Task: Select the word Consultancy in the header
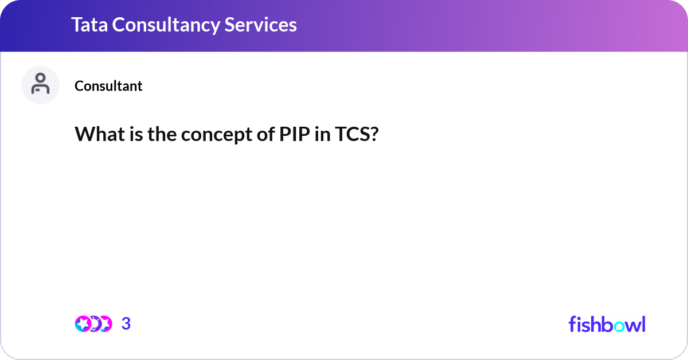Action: [167, 25]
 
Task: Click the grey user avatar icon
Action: [40, 85]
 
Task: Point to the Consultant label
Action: [108, 86]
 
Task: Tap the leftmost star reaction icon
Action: [83, 324]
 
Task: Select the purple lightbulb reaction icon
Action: [95, 324]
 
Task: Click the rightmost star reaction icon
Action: [105, 324]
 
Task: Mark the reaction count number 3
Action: [126, 324]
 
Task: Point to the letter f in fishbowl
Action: [573, 324]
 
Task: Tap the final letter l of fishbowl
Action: [643, 324]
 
